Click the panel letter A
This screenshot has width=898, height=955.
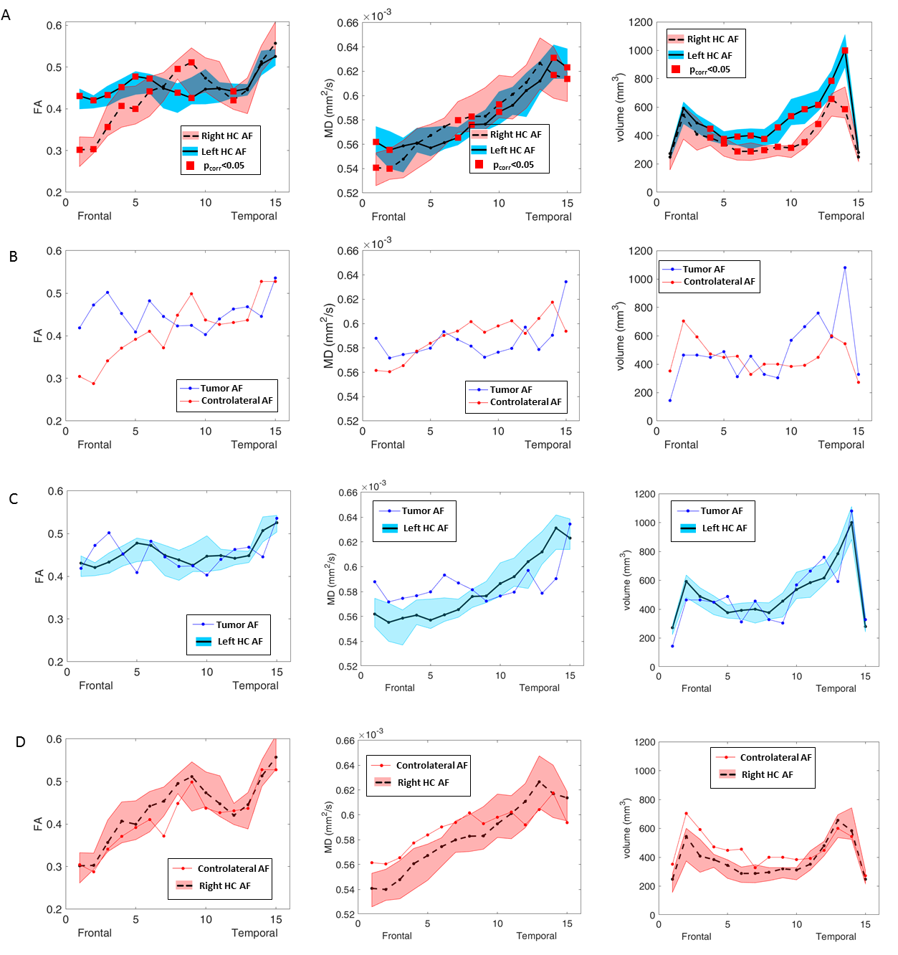click(x=6, y=15)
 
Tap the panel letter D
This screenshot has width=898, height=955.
click(x=20, y=741)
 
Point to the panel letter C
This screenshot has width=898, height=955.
click(x=13, y=498)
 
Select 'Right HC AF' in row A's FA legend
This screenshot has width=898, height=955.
click(x=226, y=136)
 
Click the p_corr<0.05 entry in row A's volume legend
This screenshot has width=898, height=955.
click(x=710, y=70)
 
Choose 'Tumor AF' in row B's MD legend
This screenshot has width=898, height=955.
click(x=510, y=389)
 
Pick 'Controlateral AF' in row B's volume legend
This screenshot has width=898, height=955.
click(x=719, y=281)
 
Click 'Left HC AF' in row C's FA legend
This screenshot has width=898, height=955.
click(x=240, y=641)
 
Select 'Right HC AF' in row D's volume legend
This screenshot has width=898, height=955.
click(x=767, y=774)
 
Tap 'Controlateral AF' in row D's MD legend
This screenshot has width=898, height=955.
click(x=431, y=765)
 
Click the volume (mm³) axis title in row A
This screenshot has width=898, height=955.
click(x=620, y=107)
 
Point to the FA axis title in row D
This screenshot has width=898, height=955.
click(x=38, y=824)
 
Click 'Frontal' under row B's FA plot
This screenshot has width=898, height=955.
click(x=95, y=445)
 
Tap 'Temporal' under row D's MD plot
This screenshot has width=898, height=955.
click(x=536, y=936)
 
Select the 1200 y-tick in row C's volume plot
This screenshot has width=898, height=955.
click(x=645, y=494)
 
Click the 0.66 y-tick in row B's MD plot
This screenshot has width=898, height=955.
click(x=348, y=251)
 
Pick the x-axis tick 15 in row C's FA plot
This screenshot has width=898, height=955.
click(x=277, y=672)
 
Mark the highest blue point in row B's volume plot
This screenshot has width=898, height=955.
click(x=845, y=267)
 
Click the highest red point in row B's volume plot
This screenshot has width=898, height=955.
click(x=684, y=320)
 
